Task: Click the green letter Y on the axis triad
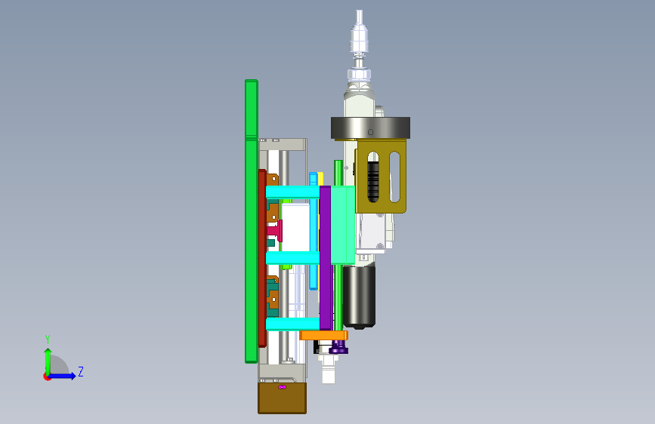point(48,339)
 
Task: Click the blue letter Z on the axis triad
point(81,371)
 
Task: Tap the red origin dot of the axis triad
point(47,376)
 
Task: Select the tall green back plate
point(251,221)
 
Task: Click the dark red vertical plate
point(262,258)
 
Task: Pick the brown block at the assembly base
point(282,398)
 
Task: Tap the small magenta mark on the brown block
point(282,387)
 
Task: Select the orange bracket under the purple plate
point(324,335)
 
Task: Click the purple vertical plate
point(326,258)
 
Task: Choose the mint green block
point(342,225)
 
